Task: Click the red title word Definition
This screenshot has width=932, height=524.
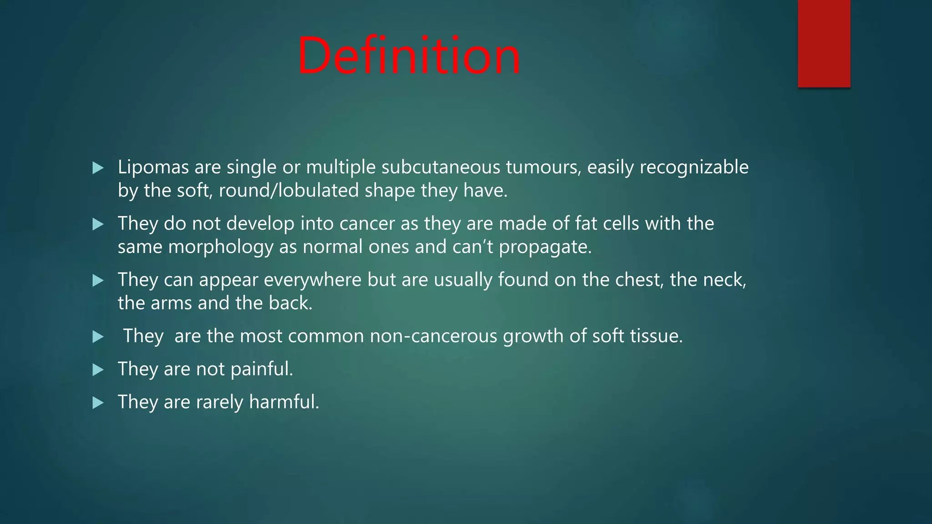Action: [409, 56]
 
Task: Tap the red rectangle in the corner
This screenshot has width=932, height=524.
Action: [824, 44]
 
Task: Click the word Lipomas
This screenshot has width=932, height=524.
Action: [153, 167]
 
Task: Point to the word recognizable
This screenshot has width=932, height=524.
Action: [694, 167]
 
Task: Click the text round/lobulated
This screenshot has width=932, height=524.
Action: [289, 191]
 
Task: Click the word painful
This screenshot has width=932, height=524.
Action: [261, 369]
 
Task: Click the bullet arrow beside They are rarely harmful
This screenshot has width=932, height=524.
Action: [98, 403]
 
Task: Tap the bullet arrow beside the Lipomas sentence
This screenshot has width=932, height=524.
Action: [98, 168]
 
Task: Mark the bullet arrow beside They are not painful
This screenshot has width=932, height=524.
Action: [98, 369]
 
